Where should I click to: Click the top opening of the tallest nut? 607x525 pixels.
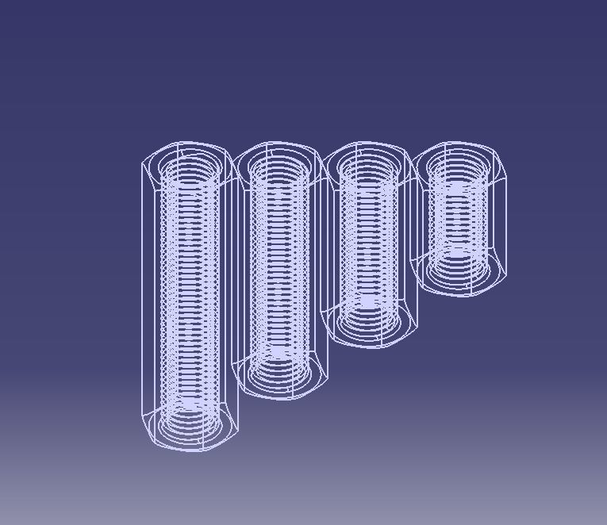(189, 169)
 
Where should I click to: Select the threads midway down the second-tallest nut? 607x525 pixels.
(279, 270)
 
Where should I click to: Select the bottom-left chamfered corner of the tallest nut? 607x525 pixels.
(148, 428)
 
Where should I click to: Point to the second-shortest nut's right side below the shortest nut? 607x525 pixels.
(414, 309)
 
